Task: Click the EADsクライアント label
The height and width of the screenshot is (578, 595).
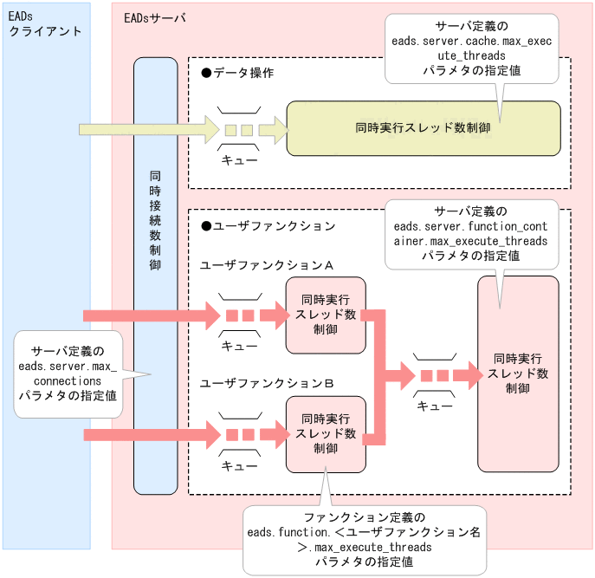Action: tap(44, 24)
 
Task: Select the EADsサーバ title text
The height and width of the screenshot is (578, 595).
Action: tap(155, 17)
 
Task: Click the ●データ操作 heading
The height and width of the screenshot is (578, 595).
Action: tap(237, 73)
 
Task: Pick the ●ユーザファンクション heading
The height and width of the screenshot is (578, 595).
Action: tap(268, 226)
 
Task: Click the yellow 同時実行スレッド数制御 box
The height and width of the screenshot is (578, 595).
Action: tap(424, 128)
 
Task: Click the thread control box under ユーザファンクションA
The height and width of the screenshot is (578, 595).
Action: tap(326, 315)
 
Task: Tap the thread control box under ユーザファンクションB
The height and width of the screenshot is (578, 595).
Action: tap(326, 434)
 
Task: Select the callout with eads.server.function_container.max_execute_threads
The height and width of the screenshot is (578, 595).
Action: tap(469, 233)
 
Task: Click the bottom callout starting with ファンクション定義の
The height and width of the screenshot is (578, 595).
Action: tap(365, 541)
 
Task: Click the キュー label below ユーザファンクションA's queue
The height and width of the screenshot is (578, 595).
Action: tap(239, 346)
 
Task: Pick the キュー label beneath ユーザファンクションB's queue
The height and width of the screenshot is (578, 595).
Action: tap(239, 466)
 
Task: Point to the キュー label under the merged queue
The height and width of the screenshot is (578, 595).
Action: tap(435, 406)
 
